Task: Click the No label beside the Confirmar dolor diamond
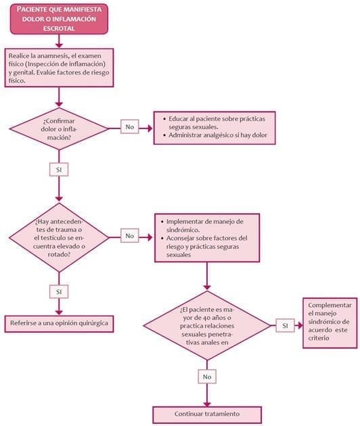pyautogui.click(x=129, y=126)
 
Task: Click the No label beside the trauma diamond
pyautogui.click(x=129, y=235)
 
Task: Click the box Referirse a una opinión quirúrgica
pyautogui.click(x=59, y=323)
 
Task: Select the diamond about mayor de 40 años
pyautogui.click(x=208, y=325)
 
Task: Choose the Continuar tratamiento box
pyautogui.click(x=207, y=413)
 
